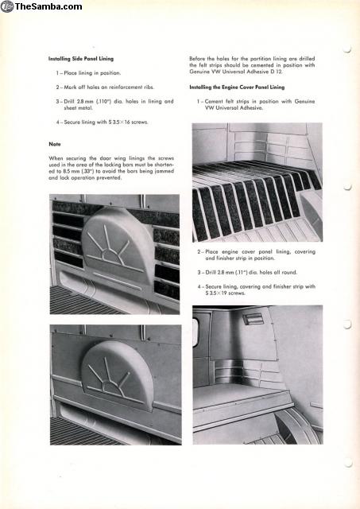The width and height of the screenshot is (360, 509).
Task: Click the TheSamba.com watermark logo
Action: (41, 6)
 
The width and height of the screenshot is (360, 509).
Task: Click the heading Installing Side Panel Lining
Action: (81, 59)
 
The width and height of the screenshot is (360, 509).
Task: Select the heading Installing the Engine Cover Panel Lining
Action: (237, 87)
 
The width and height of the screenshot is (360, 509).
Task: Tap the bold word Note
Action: (55, 144)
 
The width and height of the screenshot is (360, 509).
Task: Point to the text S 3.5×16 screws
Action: (128, 122)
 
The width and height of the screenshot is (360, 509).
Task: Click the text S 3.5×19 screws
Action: (225, 293)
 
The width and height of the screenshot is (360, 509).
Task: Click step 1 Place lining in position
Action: (88, 73)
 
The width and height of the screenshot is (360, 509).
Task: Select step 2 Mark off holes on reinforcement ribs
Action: (105, 87)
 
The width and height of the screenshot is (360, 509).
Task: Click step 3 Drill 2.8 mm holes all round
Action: (247, 272)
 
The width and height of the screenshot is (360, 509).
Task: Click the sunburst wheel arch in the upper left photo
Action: (117, 246)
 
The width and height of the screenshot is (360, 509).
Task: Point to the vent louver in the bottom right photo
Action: (253, 319)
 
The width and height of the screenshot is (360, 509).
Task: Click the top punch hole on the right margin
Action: (347, 49)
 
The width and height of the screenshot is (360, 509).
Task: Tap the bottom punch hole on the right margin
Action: (347, 463)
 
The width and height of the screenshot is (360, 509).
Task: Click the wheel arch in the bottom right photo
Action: (296, 425)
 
